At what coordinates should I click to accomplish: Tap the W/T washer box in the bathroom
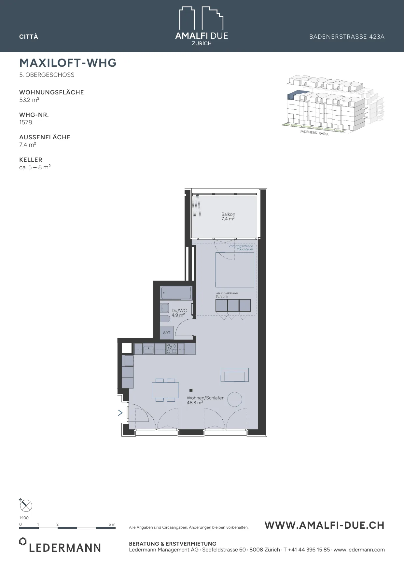point(167,333)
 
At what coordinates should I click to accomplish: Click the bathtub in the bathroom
point(176,293)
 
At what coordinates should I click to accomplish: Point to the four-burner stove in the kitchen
point(171,349)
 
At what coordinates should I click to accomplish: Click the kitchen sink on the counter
point(148,349)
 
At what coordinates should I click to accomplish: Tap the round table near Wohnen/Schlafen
point(234,399)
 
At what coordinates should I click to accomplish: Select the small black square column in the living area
point(191,390)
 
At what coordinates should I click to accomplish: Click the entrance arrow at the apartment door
point(120,413)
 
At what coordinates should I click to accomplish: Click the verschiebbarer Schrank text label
point(227,295)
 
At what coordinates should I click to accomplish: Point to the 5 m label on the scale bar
point(112,524)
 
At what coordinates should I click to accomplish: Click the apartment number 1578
point(26,122)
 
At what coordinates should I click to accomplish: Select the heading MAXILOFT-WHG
point(68,63)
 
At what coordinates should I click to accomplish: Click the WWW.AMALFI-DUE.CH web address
point(325,525)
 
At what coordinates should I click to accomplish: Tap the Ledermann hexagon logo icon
point(22,541)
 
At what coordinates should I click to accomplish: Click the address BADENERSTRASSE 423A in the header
point(347,37)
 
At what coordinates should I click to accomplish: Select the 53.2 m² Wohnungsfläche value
point(29,100)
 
